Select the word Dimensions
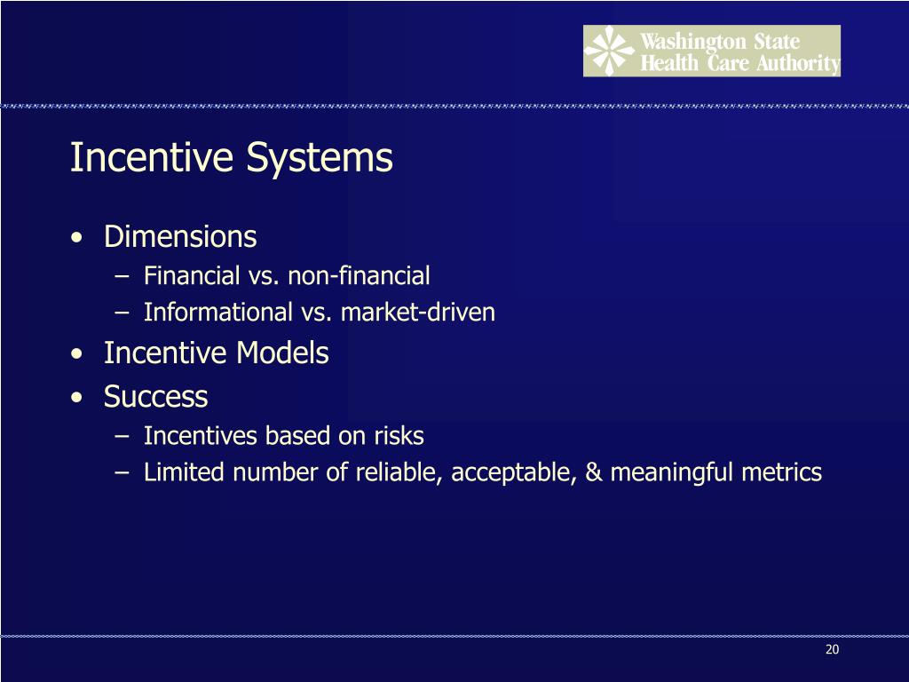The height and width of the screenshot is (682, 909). [180, 237]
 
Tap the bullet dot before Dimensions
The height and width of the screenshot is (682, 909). [80, 239]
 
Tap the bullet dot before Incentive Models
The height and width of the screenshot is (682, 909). [80, 355]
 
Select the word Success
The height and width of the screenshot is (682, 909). [156, 396]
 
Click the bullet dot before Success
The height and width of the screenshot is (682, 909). [80, 398]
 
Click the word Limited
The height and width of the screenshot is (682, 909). [186, 472]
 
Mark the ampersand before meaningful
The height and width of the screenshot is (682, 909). [593, 472]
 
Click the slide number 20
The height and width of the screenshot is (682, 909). [832, 650]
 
